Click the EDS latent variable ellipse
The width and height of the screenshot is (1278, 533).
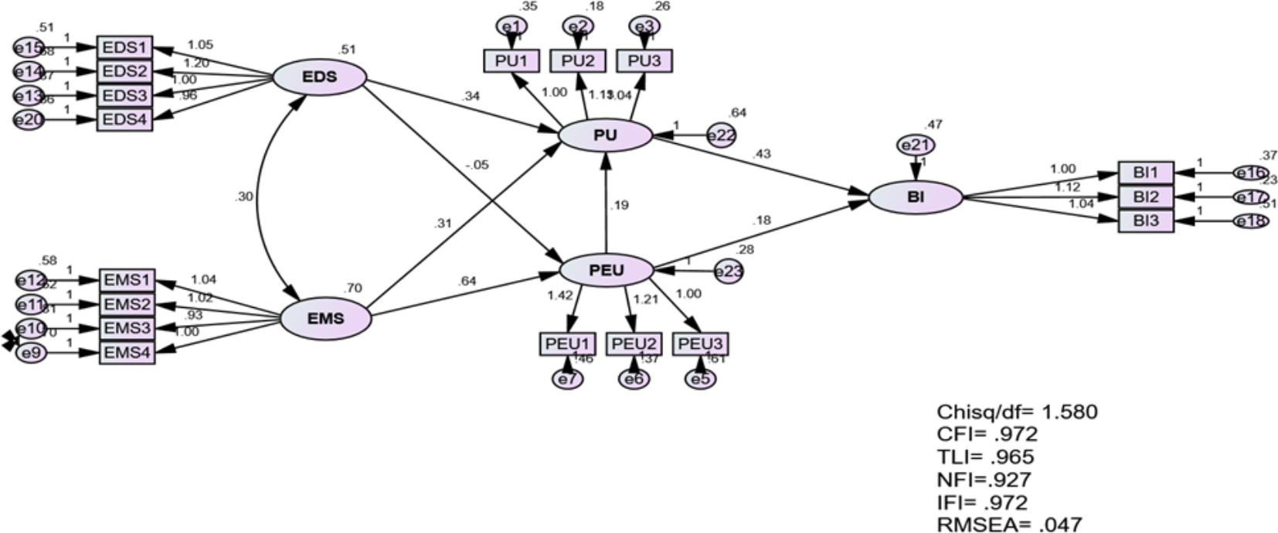click(x=319, y=78)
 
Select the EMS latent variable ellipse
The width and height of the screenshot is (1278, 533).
click(x=325, y=318)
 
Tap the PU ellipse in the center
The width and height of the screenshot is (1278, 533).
click(x=605, y=136)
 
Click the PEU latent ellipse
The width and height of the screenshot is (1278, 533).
click(x=606, y=270)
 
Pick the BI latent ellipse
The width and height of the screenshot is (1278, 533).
click(x=916, y=197)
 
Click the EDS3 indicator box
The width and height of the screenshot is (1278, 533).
click(x=124, y=96)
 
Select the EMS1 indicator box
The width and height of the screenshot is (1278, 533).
click(x=127, y=280)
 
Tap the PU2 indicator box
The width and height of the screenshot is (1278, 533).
click(x=578, y=60)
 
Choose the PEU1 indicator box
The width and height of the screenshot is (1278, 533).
click(x=568, y=343)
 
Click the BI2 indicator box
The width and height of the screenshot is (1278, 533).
click(x=1146, y=196)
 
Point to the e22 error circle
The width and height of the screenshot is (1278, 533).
click(x=720, y=135)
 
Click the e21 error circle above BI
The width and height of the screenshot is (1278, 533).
click(x=916, y=145)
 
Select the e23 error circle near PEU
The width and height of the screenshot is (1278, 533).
click(x=728, y=272)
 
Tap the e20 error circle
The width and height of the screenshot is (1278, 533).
click(x=29, y=120)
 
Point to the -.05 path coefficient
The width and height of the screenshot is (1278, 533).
click(x=478, y=165)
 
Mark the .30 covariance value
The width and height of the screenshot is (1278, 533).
click(x=243, y=197)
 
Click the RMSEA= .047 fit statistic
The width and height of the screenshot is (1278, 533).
click(x=1009, y=524)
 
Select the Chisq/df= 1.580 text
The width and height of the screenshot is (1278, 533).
click(x=1016, y=412)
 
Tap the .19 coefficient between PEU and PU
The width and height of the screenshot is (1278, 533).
click(x=618, y=205)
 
